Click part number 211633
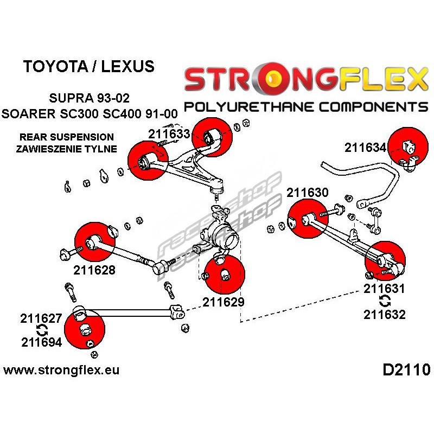(169, 134)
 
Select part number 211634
(365, 148)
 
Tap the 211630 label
(308, 193)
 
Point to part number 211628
(94, 270)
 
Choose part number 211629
(224, 302)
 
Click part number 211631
(384, 289)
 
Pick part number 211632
(385, 315)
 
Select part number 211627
(41, 318)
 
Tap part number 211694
(42, 342)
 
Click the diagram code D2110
(406, 370)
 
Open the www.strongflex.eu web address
(61, 370)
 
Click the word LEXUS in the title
(127, 66)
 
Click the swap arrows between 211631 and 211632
(385, 302)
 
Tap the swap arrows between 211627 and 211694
(42, 330)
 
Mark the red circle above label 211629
(225, 274)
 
